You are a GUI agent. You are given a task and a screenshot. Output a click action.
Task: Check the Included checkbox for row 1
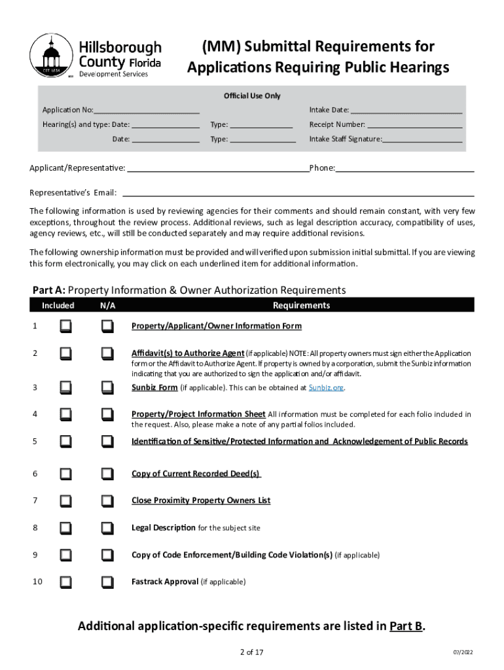point(66,326)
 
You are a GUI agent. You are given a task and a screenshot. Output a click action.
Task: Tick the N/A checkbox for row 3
point(107,387)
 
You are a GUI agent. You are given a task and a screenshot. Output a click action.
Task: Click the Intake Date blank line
point(406,110)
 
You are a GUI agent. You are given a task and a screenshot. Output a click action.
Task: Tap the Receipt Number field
point(414,124)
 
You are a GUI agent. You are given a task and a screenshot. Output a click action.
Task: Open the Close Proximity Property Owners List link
point(201,501)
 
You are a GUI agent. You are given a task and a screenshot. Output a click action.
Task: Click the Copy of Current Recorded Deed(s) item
point(196,474)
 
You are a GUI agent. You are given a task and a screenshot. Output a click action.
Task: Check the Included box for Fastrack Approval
point(66,582)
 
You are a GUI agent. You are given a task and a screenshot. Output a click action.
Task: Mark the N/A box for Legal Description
point(107,528)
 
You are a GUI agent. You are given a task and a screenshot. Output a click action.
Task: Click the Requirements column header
point(301,306)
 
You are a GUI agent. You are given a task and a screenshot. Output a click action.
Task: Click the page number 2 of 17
point(252,652)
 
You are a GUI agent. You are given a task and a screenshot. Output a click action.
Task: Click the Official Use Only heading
point(252,96)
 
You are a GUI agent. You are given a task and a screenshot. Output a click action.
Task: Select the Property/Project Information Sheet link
point(198,414)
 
